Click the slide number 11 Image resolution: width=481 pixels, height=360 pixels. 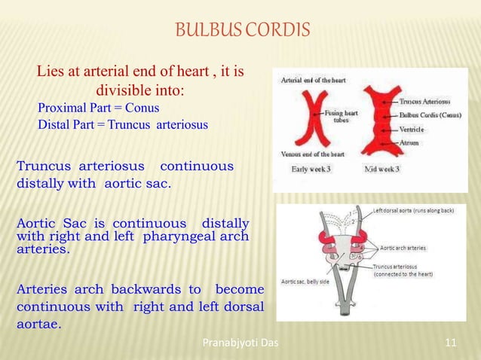point(452,345)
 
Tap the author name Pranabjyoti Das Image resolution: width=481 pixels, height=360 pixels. point(240,345)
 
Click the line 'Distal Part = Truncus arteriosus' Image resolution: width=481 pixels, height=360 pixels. point(122,124)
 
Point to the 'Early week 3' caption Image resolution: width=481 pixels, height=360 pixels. point(311,169)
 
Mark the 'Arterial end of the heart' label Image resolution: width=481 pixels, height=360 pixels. point(315,80)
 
